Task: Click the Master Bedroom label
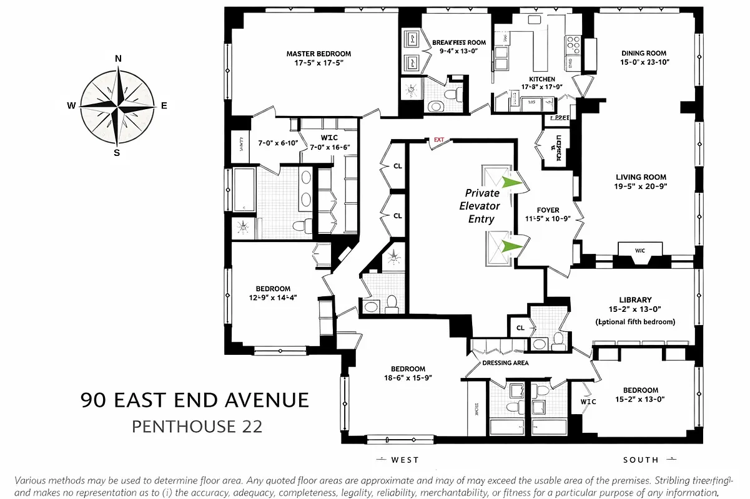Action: coord(318,54)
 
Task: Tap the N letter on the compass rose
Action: coord(118,59)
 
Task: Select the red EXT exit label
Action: coord(438,140)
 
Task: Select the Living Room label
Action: coord(641,177)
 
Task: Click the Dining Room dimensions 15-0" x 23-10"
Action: coord(643,63)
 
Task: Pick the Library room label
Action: coord(636,300)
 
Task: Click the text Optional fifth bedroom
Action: coord(636,322)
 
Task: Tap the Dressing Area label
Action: coord(505,363)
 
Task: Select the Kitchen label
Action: coord(541,79)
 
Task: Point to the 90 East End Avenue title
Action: coord(195,400)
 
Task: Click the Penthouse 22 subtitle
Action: coord(197,427)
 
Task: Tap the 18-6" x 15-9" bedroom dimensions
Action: coord(408,378)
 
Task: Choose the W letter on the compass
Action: coord(71,105)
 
